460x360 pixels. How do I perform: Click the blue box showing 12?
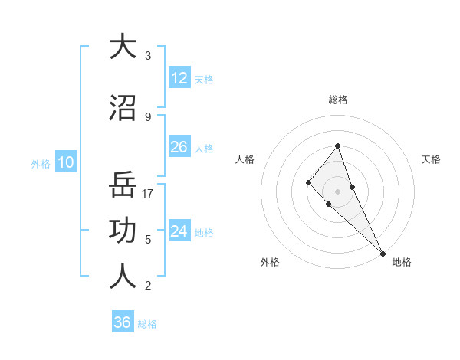[179, 78]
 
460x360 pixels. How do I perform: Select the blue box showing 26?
[179, 147]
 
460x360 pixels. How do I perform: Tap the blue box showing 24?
[179, 231]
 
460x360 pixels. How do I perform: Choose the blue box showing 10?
[66, 162]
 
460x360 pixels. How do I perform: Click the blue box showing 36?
[123, 322]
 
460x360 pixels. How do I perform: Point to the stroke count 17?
[149, 193]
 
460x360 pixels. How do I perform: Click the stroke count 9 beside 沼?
[148, 116]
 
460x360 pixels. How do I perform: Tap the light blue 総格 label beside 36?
[148, 324]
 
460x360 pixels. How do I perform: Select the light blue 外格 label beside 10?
[41, 163]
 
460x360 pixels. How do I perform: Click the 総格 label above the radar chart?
[338, 100]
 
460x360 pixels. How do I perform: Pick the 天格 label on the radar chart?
[432, 159]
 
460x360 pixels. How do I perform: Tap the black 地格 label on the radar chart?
[402, 262]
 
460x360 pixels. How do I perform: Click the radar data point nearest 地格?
[382, 252]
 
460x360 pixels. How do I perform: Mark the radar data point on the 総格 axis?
[338, 146]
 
